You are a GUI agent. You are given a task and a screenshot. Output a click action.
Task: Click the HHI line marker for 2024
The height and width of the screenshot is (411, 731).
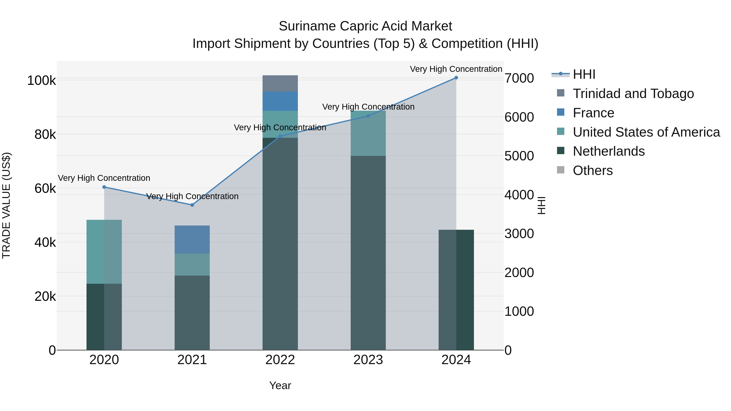click(456, 78)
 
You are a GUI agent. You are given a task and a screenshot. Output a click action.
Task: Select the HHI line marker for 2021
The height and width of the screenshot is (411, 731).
click(192, 205)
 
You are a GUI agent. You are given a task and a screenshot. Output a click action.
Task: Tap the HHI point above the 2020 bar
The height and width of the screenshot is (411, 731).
click(104, 187)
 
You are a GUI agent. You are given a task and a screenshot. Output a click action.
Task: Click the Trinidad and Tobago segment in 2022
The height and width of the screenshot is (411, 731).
click(280, 83)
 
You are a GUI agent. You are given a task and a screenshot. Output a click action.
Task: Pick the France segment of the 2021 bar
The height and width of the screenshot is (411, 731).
click(192, 239)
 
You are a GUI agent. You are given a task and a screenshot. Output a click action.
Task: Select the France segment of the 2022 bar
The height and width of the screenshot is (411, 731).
click(280, 101)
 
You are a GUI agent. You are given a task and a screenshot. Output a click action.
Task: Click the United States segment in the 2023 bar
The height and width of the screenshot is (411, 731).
click(368, 133)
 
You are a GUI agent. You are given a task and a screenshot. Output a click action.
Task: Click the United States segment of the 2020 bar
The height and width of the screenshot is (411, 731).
click(104, 252)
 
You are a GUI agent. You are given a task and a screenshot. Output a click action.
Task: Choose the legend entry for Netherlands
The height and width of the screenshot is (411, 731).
click(609, 151)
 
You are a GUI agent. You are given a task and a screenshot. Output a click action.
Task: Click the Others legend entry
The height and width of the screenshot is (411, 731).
click(593, 170)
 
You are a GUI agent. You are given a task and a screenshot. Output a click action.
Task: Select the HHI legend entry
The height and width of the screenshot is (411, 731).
click(584, 74)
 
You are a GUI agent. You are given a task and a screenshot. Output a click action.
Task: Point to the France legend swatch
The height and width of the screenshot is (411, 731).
click(561, 112)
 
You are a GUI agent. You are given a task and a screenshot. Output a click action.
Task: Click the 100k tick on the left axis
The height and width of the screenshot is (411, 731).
click(41, 81)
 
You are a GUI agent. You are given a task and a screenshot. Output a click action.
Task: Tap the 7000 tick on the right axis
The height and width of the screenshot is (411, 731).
click(519, 78)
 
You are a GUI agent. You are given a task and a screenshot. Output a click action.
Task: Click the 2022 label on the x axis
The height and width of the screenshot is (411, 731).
click(280, 360)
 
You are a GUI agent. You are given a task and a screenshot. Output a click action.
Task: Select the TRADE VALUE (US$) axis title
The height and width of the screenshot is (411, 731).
click(6, 205)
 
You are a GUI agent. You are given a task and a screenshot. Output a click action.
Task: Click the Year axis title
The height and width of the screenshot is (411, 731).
click(280, 385)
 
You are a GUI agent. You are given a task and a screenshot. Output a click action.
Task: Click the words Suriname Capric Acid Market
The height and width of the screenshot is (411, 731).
click(365, 26)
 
